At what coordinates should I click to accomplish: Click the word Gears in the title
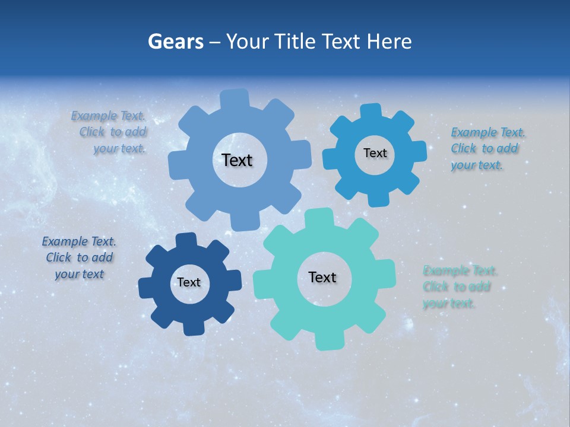click(x=175, y=42)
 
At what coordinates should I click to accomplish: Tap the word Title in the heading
click(x=295, y=42)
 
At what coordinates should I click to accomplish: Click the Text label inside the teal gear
click(x=322, y=278)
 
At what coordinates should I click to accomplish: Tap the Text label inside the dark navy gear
click(x=189, y=283)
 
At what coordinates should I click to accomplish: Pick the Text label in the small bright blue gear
click(x=375, y=153)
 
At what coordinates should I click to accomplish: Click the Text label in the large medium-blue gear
click(x=237, y=160)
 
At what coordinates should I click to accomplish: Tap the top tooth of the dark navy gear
click(x=186, y=240)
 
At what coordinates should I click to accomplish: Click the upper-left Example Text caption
click(x=109, y=132)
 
